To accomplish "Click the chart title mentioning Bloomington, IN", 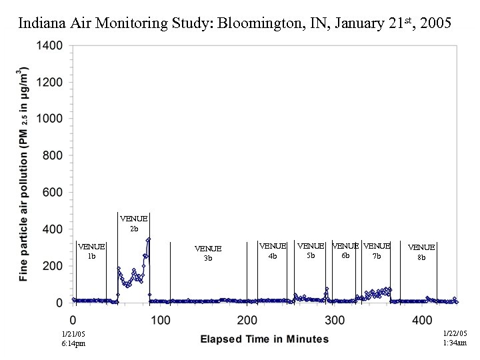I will pyautogui.click(x=235, y=23).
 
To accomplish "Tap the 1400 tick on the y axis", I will pyautogui.click(x=49, y=46).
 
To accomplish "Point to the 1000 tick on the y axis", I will pyautogui.click(x=49, y=119).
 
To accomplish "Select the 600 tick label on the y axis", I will pyautogui.click(x=52, y=193).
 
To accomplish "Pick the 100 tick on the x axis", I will pyautogui.click(x=160, y=321).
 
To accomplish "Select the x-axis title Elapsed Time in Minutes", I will pyautogui.click(x=265, y=339).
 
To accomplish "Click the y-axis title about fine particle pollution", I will pyautogui.click(x=25, y=173).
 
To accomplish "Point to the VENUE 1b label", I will pyautogui.click(x=91, y=251).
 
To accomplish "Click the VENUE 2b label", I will pyautogui.click(x=133, y=223).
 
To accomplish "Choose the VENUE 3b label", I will pyautogui.click(x=208, y=253).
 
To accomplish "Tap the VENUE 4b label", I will pyautogui.click(x=273, y=251).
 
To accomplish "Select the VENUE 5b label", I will pyautogui.click(x=311, y=251).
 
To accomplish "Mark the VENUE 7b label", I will pyautogui.click(x=377, y=251).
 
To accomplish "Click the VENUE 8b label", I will pyautogui.click(x=421, y=252).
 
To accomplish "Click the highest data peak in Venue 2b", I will pyautogui.click(x=149, y=239).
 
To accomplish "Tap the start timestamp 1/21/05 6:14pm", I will pyautogui.click(x=73, y=338).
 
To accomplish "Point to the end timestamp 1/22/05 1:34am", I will pyautogui.click(x=455, y=338).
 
